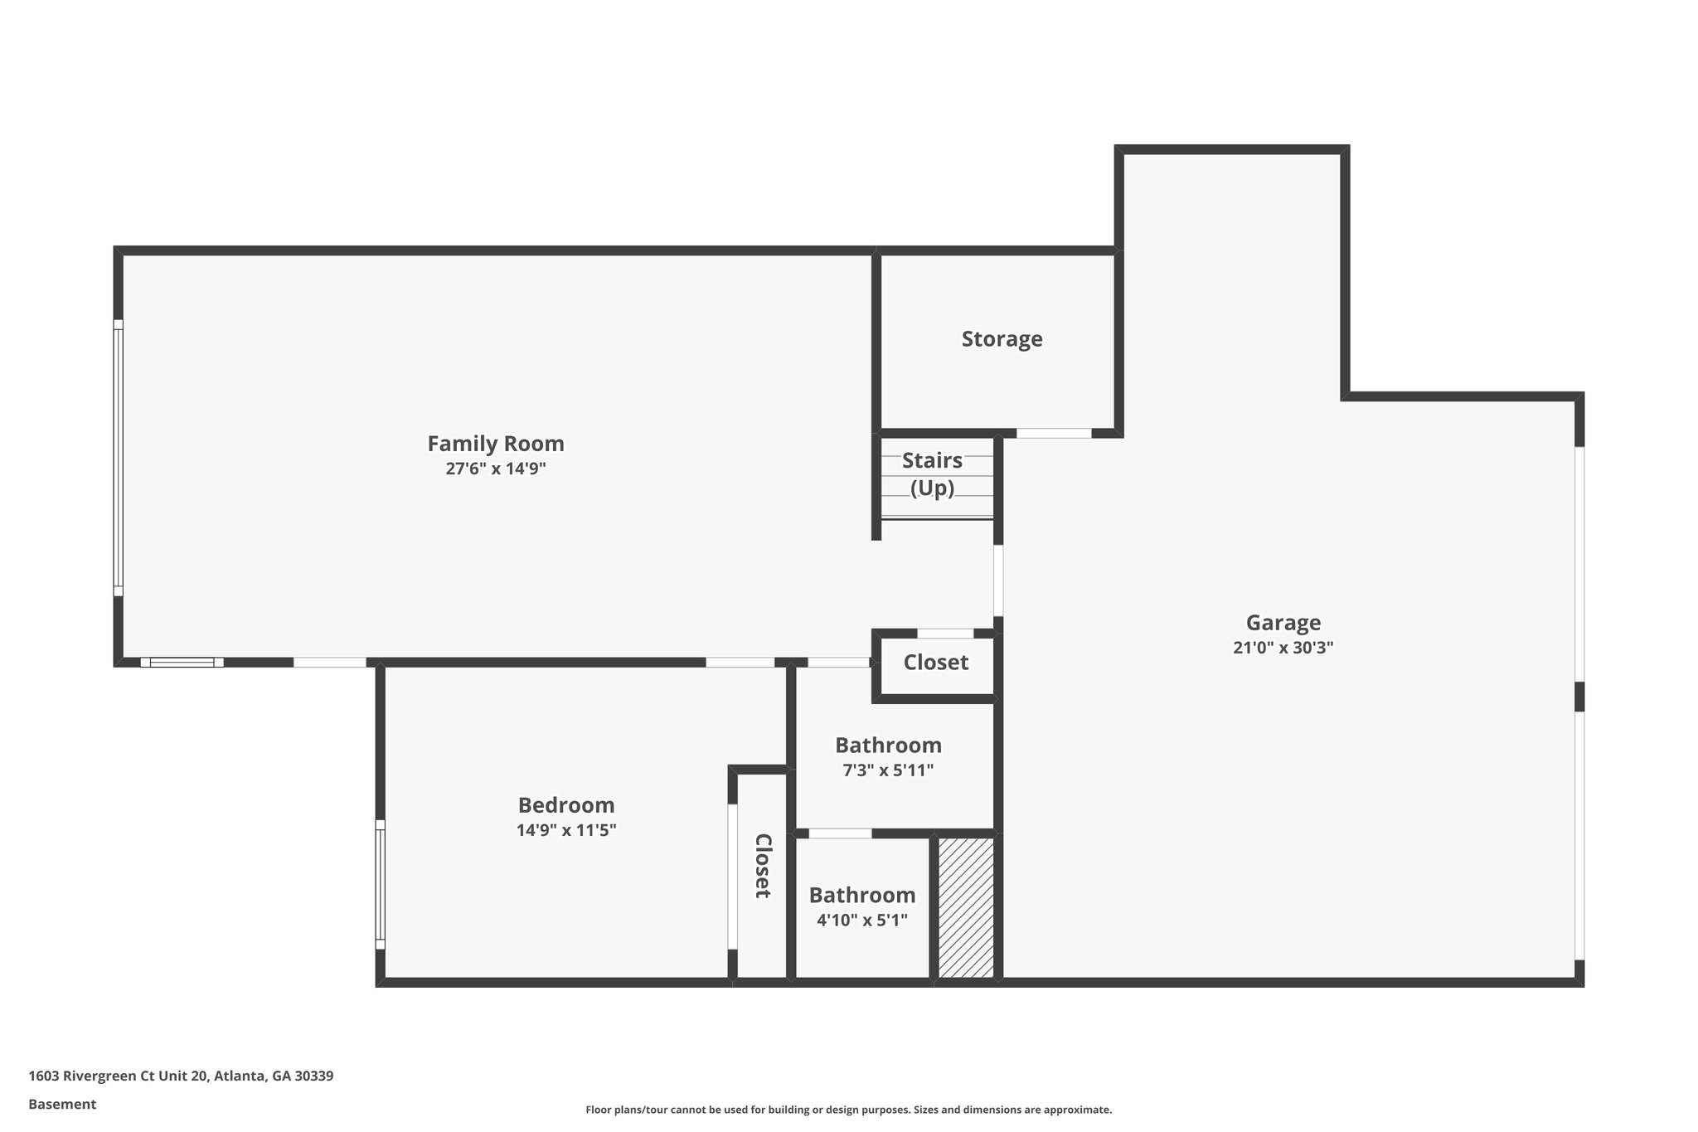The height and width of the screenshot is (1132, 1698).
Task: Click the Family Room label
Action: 495,444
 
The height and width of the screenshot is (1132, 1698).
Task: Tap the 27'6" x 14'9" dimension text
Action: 495,469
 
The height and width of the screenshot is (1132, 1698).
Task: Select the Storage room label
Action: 1002,339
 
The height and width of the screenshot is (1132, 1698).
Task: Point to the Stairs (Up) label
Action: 932,474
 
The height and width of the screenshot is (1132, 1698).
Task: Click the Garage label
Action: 1283,623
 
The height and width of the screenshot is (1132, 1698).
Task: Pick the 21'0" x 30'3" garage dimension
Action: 1283,648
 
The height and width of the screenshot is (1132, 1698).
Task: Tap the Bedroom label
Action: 566,805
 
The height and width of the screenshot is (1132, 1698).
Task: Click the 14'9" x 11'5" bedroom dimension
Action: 566,830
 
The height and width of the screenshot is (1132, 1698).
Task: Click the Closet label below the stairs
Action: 935,663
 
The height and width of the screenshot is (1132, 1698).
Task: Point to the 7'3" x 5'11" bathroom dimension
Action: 888,770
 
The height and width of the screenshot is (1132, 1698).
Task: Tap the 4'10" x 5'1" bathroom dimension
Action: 862,921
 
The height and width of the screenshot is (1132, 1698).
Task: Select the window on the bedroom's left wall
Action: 381,884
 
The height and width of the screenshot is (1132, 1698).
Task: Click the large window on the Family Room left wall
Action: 119,458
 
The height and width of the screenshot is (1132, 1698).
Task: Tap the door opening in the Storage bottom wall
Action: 1054,433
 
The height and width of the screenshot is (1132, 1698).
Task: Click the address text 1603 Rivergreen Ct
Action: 181,1076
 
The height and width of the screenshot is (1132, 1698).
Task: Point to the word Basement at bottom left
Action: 62,1105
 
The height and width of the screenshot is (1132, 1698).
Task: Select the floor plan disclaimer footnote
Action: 848,1110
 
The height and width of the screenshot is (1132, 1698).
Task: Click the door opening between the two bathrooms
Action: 840,833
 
